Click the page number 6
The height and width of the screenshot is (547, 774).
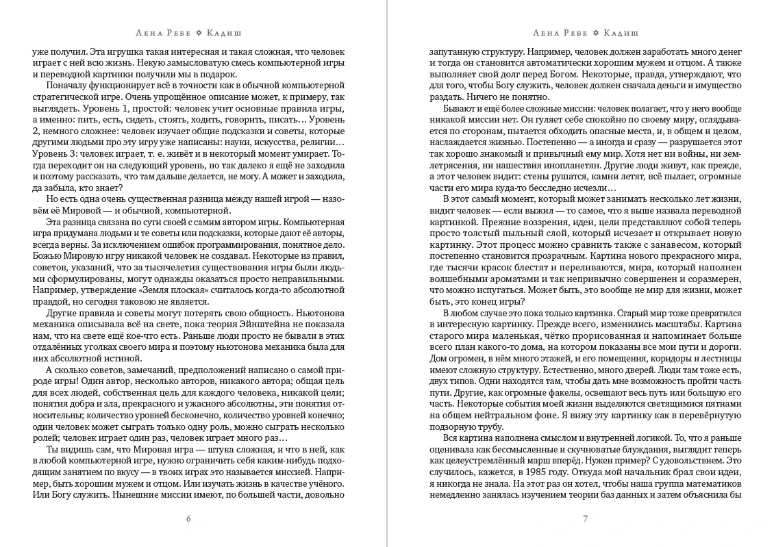[x=188, y=518]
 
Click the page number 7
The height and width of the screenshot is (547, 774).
[x=586, y=518]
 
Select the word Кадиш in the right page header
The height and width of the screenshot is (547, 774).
[x=620, y=32]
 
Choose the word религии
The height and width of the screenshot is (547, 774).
[x=297, y=151]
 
